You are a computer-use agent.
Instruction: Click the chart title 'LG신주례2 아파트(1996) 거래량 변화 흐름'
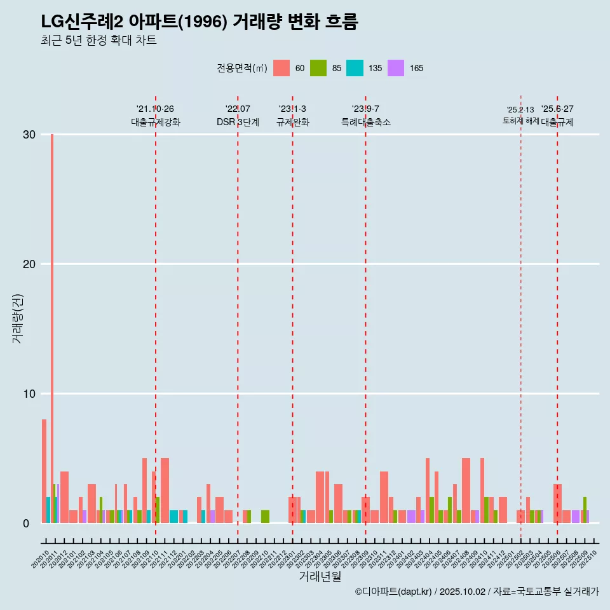pos(200,22)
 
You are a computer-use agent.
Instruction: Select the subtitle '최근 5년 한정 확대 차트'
pos(98,41)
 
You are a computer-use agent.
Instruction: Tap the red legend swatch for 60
pos(281,68)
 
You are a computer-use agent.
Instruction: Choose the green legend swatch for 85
pos(318,68)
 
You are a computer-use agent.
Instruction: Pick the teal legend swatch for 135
pos(355,68)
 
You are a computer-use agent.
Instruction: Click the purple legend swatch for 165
pos(396,68)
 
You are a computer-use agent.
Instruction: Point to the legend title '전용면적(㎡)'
pos(242,68)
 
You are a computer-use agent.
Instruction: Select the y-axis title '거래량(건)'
pos(18,318)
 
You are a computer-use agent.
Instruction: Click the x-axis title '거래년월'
pos(320,576)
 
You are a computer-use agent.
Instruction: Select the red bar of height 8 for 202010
pos(44,471)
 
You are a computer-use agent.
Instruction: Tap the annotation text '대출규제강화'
pos(156,122)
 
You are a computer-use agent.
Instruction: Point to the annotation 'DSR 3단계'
pos(238,122)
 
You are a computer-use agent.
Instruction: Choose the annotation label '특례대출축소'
pos(365,122)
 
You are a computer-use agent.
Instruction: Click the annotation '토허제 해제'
pos(520,121)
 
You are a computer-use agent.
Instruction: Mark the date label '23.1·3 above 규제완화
pos(292,109)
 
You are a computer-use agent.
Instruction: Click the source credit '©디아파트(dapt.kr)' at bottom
pos(394,592)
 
